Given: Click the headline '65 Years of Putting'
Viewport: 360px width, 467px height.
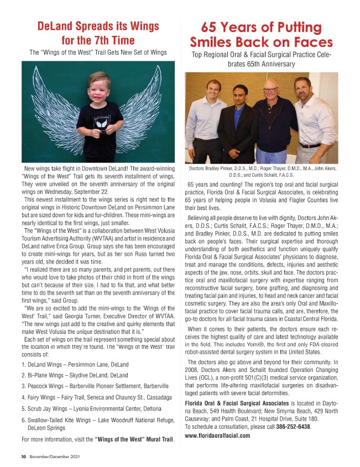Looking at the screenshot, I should coord(261,27).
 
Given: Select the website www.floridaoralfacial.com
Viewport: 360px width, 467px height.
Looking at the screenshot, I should coord(217,435).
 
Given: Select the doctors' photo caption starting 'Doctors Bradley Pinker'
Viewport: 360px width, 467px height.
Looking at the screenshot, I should coord(262,171).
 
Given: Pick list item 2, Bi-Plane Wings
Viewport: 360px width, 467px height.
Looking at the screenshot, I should coord(76,376).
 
